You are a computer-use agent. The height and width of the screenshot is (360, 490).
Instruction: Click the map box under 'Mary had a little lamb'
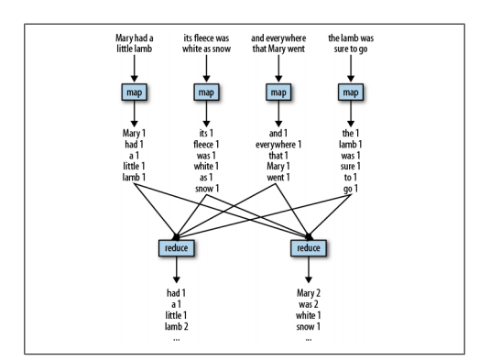pos(136,93)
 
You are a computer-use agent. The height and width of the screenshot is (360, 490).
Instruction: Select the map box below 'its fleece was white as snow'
pos(207,93)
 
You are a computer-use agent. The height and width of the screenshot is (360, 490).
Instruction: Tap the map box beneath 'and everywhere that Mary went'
pos(278,93)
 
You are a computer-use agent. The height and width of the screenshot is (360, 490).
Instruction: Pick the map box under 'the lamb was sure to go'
pos(350,93)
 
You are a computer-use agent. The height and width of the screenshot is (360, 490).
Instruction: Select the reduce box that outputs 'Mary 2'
pos(309,247)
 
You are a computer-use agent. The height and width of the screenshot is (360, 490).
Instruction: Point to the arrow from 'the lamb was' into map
pos(350,69)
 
